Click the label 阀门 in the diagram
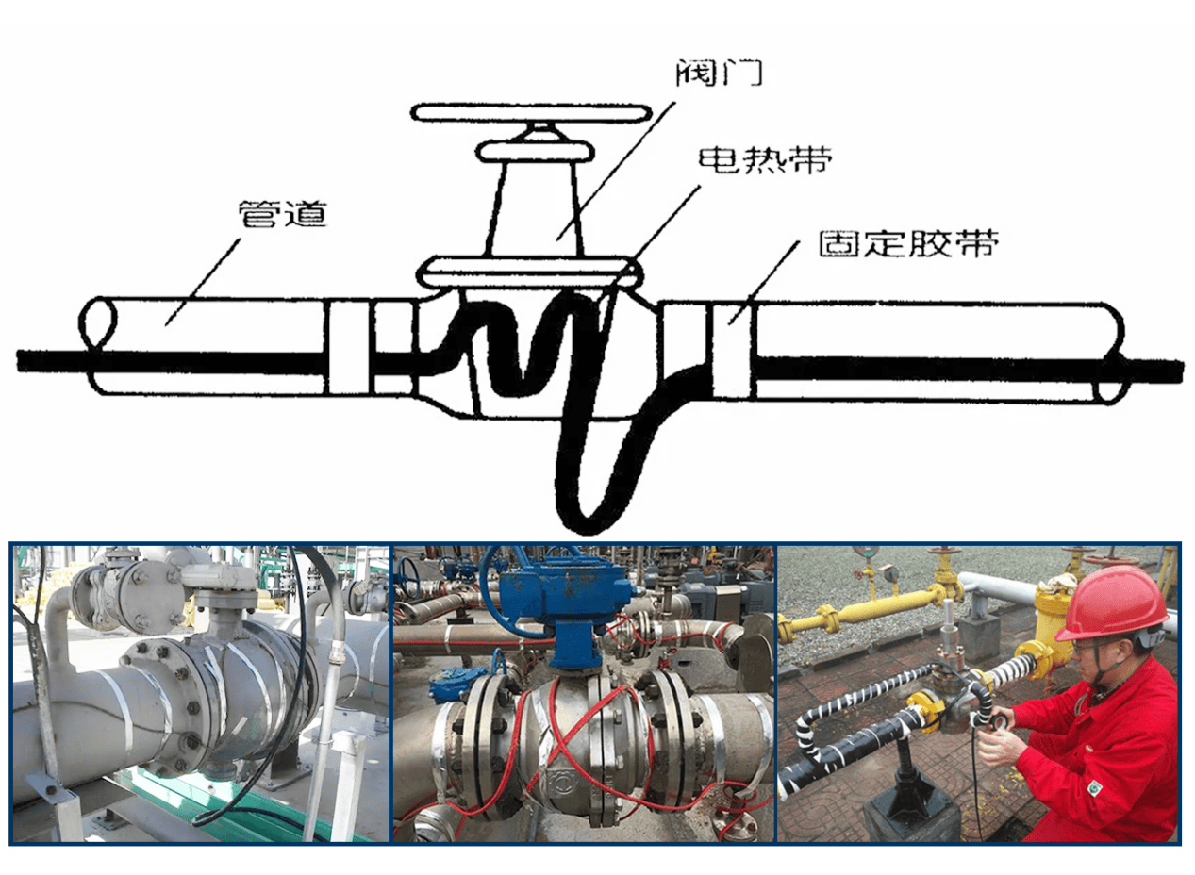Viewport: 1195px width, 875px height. click(719, 74)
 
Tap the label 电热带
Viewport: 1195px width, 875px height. click(766, 160)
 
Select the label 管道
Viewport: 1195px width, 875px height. click(282, 214)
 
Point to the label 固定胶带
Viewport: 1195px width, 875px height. click(908, 243)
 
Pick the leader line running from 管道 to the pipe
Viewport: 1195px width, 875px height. click(204, 282)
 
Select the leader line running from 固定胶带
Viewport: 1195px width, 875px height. click(764, 283)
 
